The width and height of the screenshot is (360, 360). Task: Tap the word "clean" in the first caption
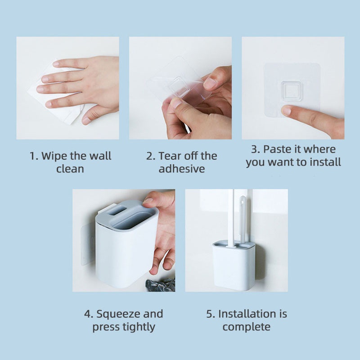[x=70, y=169]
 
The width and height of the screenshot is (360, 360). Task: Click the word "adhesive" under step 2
[x=182, y=169]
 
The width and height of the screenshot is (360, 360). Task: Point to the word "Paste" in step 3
[x=277, y=149]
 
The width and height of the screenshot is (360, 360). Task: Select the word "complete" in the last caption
[x=246, y=327]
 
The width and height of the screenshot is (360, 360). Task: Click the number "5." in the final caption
[x=211, y=314]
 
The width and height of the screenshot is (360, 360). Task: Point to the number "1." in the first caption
[x=34, y=156]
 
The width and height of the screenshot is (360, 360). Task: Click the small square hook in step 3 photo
[x=292, y=91]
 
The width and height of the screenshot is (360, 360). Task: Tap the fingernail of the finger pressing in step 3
[x=286, y=111]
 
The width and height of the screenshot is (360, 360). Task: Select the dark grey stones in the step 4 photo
[x=161, y=285]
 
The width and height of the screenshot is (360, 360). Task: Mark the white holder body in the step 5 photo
[x=234, y=266]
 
